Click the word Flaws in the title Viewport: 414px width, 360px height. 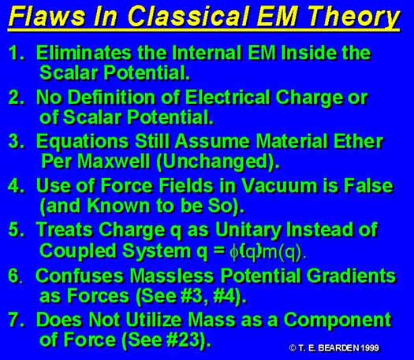pyautogui.click(x=47, y=17)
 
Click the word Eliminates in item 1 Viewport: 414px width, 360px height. pyautogui.click(x=84, y=53)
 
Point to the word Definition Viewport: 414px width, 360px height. pyautogui.click(x=112, y=98)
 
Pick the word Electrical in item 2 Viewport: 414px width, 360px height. pyautogui.click(x=227, y=98)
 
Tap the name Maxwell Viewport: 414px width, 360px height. pyautogui.click(x=114, y=161)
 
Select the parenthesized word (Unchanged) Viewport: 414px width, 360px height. pyautogui.click(x=218, y=162)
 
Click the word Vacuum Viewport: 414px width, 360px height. pyautogui.click(x=279, y=186)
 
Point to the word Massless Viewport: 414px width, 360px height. pyautogui.click(x=172, y=276)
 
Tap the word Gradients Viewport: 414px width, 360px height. pyautogui.click(x=351, y=276)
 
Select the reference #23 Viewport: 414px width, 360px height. pyautogui.click(x=183, y=340)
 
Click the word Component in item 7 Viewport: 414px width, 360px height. pyautogui.click(x=338, y=321)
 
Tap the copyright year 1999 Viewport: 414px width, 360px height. pyautogui.click(x=370, y=348)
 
